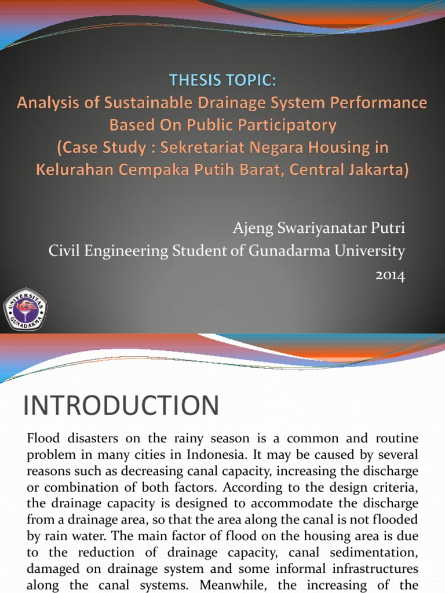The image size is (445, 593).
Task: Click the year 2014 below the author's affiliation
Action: coord(391,276)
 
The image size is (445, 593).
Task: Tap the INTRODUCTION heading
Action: coord(121,405)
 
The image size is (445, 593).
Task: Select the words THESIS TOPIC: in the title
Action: coord(222,81)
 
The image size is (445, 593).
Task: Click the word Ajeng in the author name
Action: coord(249,228)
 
